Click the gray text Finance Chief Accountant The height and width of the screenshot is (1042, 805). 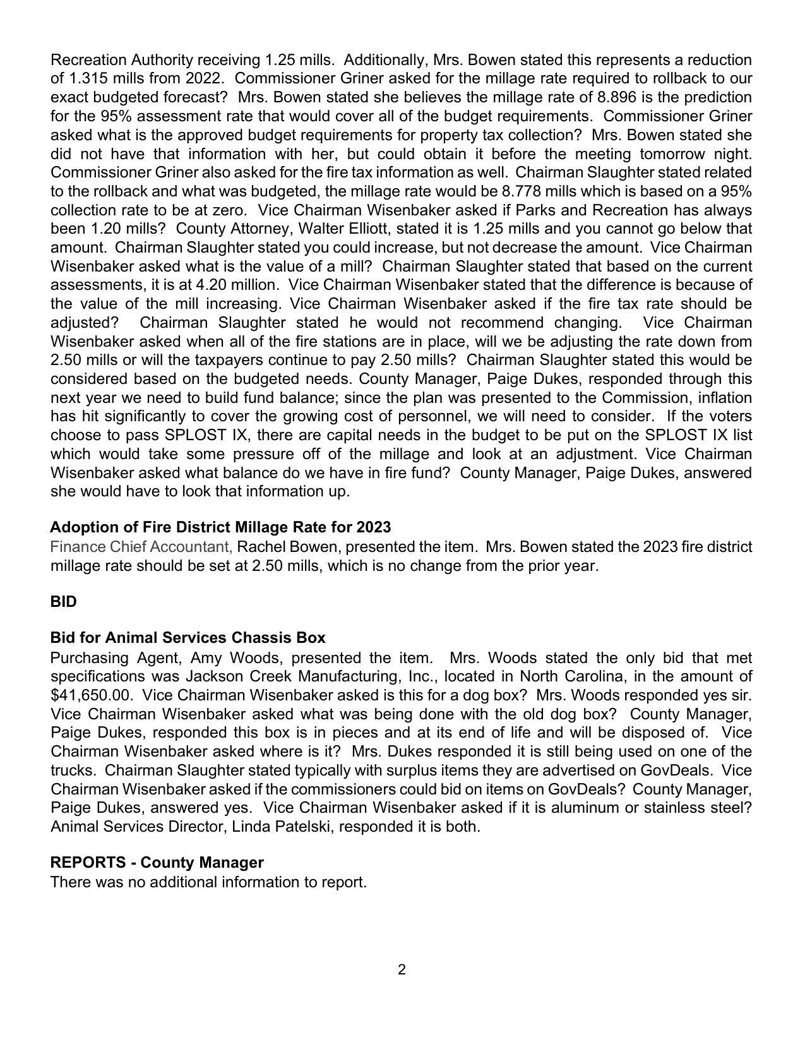click(141, 547)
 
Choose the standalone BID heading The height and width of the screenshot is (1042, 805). click(63, 602)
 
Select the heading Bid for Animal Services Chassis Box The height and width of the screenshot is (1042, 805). click(188, 638)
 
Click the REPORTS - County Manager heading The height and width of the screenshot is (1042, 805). click(157, 863)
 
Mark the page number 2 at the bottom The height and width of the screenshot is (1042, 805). click(402, 970)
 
